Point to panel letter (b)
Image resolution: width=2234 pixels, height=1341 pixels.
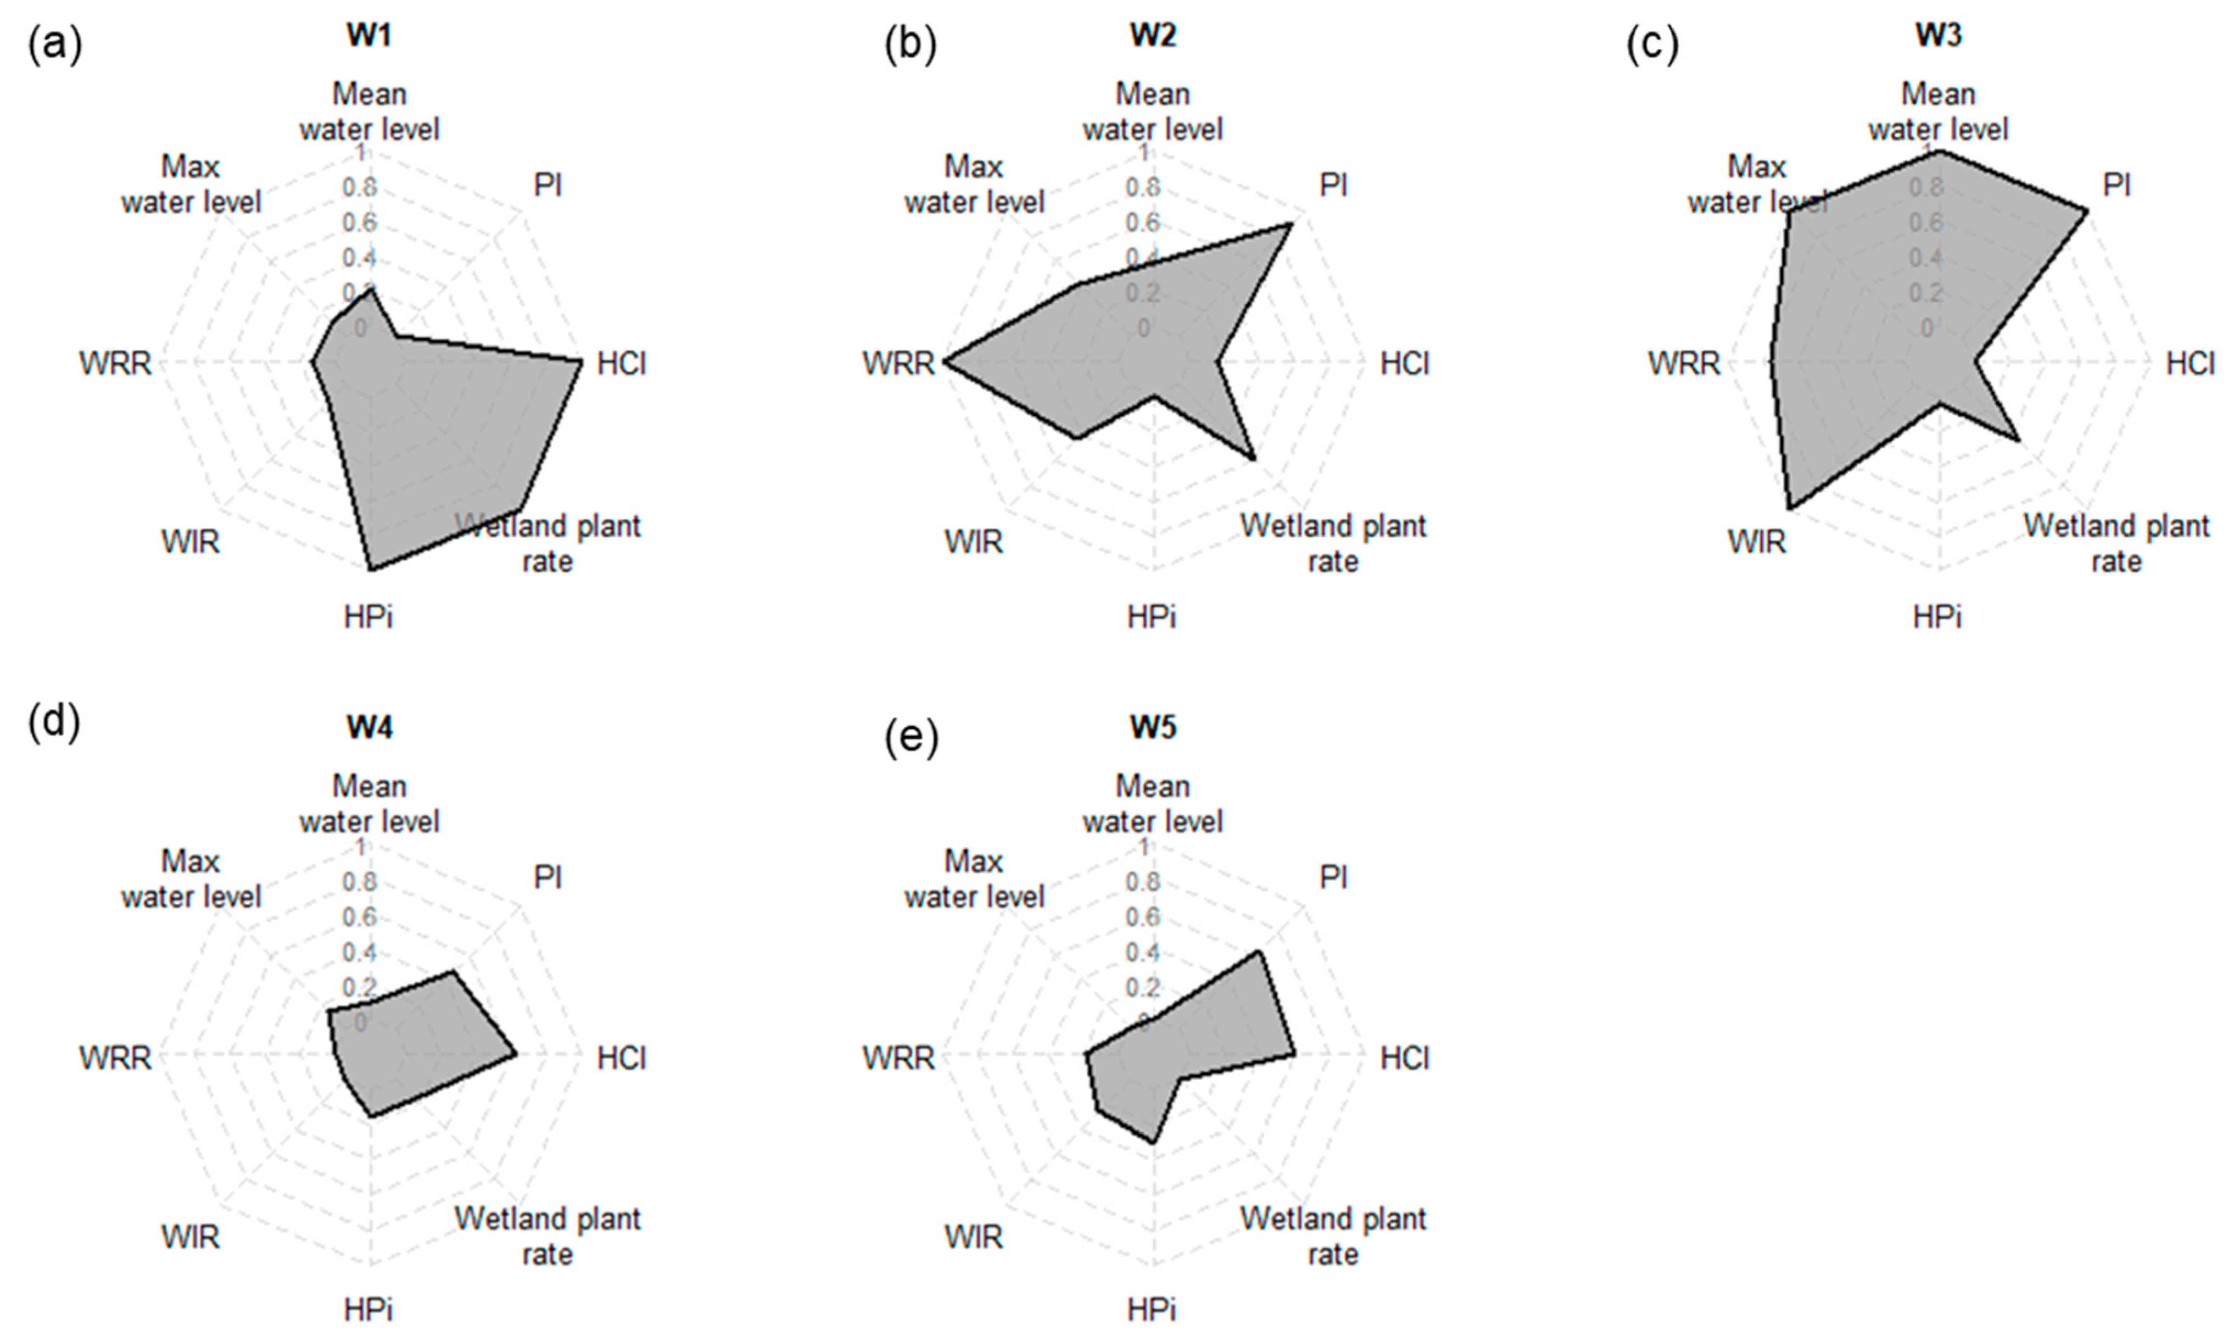point(909,44)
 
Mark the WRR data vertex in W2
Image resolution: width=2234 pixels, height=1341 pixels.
point(943,363)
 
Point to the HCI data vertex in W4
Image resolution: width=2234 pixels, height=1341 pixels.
point(515,1054)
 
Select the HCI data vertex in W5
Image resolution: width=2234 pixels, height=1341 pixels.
point(1294,1054)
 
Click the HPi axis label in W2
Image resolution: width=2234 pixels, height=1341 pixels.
point(1152,617)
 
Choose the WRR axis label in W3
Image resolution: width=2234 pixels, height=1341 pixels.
point(1684,363)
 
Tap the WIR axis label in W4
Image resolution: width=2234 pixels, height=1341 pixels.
point(191,1236)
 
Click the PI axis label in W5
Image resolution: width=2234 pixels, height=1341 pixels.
point(1333,877)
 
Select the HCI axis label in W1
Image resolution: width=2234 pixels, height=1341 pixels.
point(622,363)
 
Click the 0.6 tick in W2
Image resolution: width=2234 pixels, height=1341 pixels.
point(1143,223)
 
